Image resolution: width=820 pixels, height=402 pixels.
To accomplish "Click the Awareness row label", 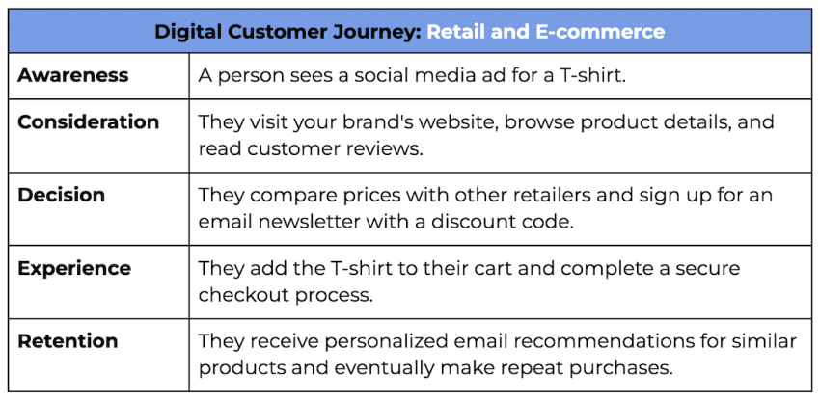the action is (72, 75).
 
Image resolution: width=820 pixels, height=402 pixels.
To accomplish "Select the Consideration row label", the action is (89, 121).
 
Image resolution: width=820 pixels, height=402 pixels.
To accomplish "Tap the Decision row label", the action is (61, 195).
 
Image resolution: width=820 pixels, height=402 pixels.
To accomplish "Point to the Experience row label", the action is (74, 268).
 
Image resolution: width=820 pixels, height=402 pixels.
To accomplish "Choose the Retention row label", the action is (68, 341).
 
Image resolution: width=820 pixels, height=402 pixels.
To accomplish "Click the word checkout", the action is (243, 295).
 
